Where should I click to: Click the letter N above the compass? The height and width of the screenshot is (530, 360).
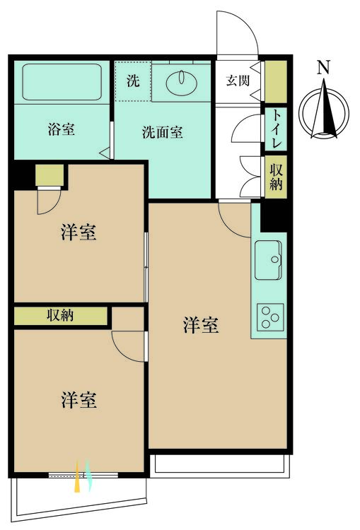coord(323,68)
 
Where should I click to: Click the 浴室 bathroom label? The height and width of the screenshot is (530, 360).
coord(62,129)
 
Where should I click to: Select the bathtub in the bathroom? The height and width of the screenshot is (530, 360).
coord(63,82)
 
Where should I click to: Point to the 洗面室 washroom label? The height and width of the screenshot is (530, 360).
coord(163,132)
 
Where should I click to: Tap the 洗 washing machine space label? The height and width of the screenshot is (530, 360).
coord(133,81)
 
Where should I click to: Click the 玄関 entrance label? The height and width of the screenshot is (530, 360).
coord(238,81)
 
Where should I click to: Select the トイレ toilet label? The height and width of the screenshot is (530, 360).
coord(276,129)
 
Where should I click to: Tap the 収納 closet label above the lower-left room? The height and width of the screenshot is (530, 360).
coord(60,315)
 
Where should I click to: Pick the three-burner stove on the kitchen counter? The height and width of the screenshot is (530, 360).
coord(269,316)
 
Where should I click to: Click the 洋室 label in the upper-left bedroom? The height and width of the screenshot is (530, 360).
coord(79,232)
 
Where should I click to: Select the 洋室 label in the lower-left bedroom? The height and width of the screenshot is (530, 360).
coord(79,401)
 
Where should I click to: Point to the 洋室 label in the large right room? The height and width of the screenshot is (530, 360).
coord(201,326)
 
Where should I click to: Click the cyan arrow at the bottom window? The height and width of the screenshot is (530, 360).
coord(89,476)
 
